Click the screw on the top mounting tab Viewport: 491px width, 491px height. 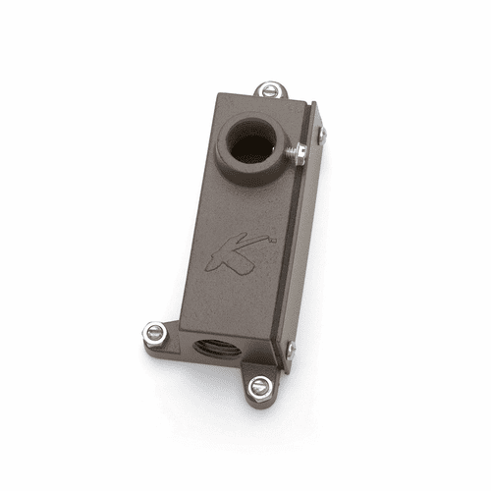(270, 90)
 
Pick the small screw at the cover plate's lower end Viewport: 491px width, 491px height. (290, 348)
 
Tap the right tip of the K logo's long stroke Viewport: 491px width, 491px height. (273, 239)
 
